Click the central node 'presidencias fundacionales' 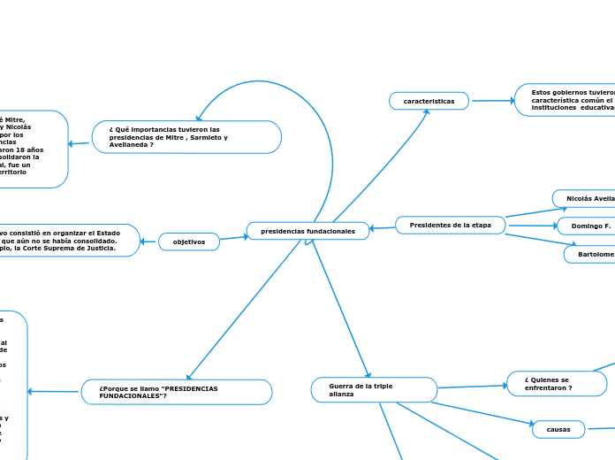[x=307, y=231]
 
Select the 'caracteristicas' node [x=429, y=102]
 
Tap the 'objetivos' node [x=189, y=241]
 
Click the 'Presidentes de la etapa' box [x=451, y=226]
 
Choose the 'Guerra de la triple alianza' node [x=374, y=389]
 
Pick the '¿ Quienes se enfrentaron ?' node [x=557, y=384]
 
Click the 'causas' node [x=558, y=429]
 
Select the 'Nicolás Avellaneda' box [x=585, y=198]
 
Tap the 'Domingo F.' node [x=588, y=226]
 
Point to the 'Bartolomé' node [x=590, y=254]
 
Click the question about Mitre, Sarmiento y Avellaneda [x=186, y=137]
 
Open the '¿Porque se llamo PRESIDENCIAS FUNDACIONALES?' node [x=177, y=392]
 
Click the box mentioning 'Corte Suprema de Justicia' [x=69, y=241]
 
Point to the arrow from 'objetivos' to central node [x=232, y=237]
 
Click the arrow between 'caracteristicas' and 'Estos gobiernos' [x=492, y=101]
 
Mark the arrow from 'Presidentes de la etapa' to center [x=382, y=228]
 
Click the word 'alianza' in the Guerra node [x=341, y=395]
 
